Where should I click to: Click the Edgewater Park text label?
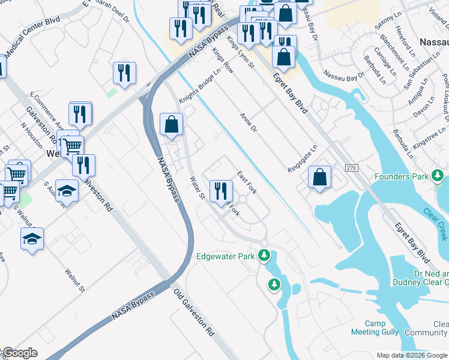click(x=226, y=256)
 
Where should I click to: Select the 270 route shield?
click(x=351, y=170)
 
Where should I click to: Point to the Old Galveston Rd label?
click(x=194, y=313)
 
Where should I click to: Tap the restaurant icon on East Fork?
click(x=221, y=190)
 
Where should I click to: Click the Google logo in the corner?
click(x=19, y=353)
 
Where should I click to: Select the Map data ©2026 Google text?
click(x=411, y=355)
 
